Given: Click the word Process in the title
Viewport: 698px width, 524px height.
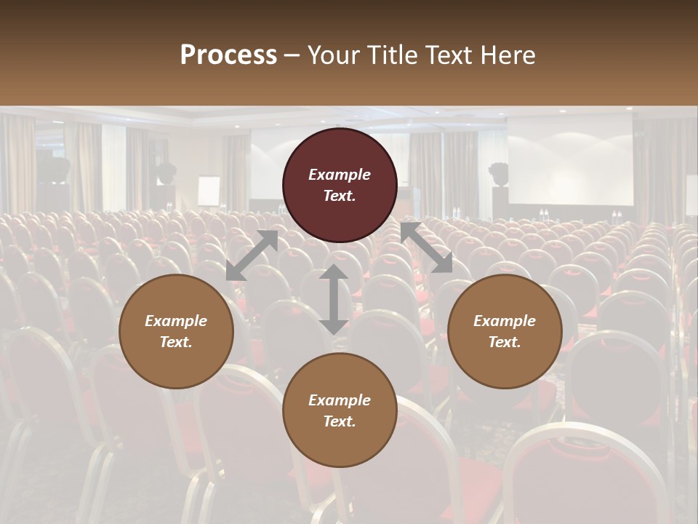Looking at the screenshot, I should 228,55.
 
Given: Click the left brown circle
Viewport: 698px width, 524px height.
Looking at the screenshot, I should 176,331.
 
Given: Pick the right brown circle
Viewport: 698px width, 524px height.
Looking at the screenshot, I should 505,331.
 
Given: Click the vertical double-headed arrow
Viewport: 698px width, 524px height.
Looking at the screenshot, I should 334,299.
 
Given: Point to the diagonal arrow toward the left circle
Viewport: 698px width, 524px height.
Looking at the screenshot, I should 252,255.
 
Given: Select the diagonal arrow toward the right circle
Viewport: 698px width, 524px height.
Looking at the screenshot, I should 426,247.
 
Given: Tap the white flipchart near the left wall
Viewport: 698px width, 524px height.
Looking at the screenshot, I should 209,191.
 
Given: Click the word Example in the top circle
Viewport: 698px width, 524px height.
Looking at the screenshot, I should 340,175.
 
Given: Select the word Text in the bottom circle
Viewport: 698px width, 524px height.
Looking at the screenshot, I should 340,421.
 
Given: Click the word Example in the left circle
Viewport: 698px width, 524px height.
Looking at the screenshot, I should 176,321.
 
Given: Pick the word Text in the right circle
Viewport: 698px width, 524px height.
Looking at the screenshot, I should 505,342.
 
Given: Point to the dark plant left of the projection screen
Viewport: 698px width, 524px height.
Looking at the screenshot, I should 498,175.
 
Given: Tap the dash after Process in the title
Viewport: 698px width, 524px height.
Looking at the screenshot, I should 292,55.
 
